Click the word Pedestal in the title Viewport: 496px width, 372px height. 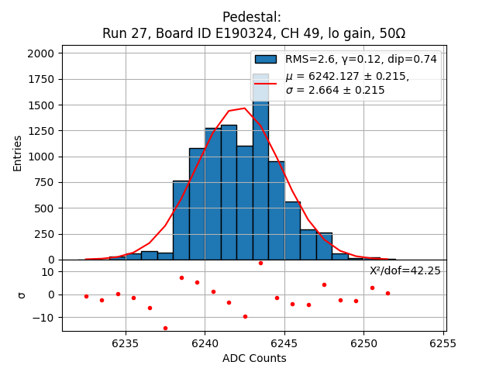pyautogui.click(x=251, y=17)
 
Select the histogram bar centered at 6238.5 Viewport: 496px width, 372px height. pyautogui.click(x=181, y=221)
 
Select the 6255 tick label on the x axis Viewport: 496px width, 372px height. pyautogui.click(x=443, y=343)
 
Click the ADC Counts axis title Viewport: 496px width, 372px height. pyautogui.click(x=253, y=358)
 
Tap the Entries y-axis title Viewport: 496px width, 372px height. pyautogui.click(x=18, y=153)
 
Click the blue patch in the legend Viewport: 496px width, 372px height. pyautogui.click(x=265, y=59)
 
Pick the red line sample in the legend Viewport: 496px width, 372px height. pyautogui.click(x=265, y=83)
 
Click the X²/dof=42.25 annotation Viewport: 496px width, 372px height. pyautogui.click(x=405, y=270)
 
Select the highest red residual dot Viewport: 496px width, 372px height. pyautogui.click(x=260, y=263)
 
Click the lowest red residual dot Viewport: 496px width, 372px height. pyautogui.click(x=165, y=328)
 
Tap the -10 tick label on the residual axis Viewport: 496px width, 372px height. pyautogui.click(x=43, y=318)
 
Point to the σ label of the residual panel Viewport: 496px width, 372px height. pyautogui.click(x=22, y=294)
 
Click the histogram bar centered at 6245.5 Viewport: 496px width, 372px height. pyautogui.click(x=292, y=231)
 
